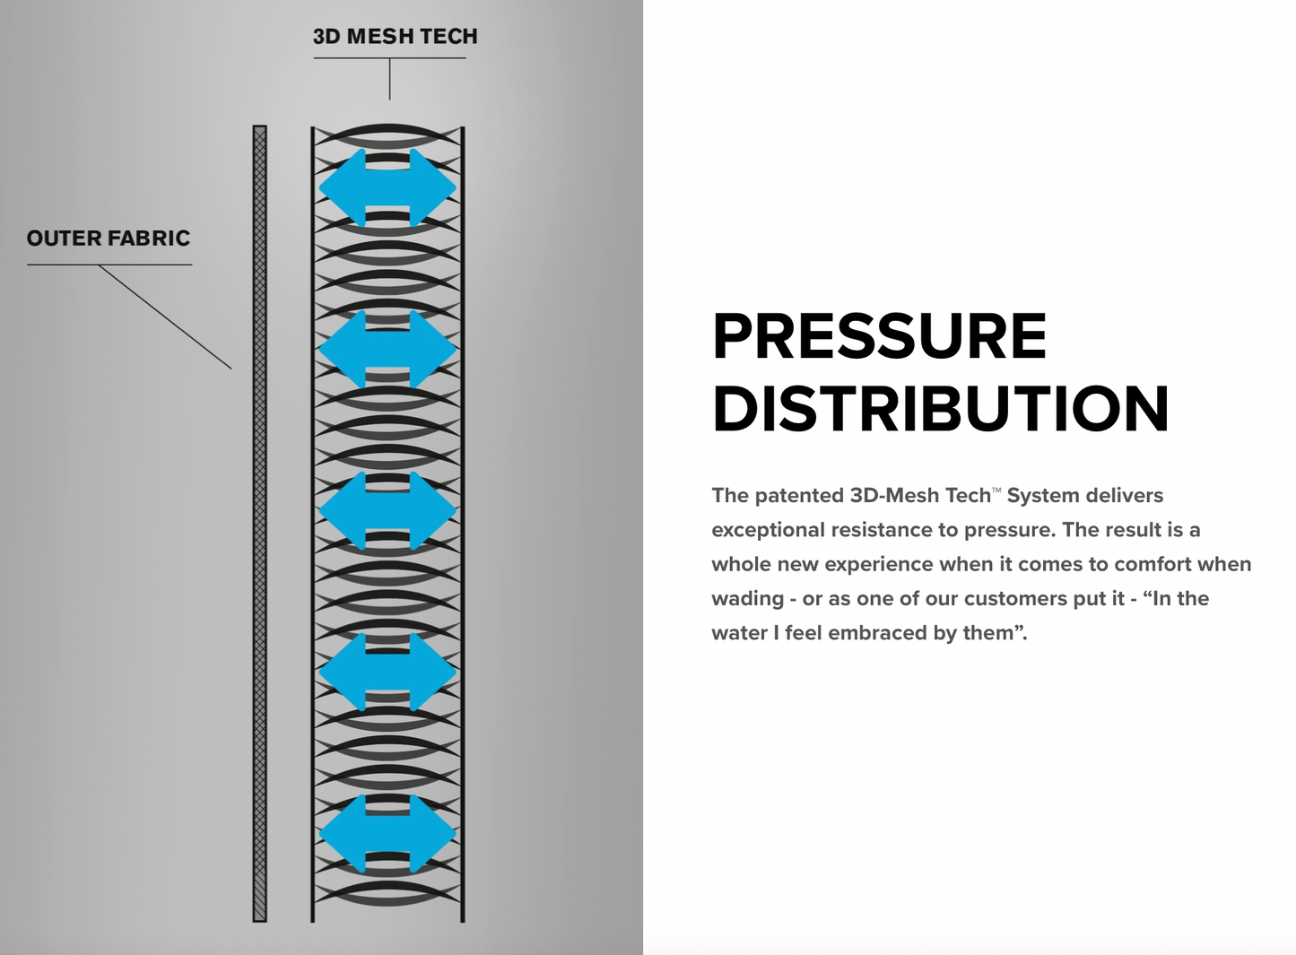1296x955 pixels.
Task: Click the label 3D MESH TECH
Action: (x=395, y=37)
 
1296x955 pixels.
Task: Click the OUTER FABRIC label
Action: (x=109, y=239)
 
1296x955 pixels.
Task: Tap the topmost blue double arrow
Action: (x=387, y=187)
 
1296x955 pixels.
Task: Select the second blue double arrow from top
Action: (x=387, y=349)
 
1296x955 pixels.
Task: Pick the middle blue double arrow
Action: (x=387, y=510)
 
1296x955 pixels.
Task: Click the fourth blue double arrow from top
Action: (x=387, y=672)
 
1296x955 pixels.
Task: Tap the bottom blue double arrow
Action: (x=387, y=833)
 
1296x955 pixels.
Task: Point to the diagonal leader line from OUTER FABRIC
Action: (x=165, y=317)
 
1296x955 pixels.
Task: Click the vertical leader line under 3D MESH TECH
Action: (x=390, y=79)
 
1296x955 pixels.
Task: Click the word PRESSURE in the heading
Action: (x=879, y=337)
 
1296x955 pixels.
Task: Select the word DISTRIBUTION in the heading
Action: (x=940, y=409)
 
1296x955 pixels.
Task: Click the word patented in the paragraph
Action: (x=800, y=496)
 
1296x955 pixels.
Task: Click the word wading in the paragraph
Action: (x=747, y=599)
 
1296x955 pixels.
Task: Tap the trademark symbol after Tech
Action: (x=996, y=490)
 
